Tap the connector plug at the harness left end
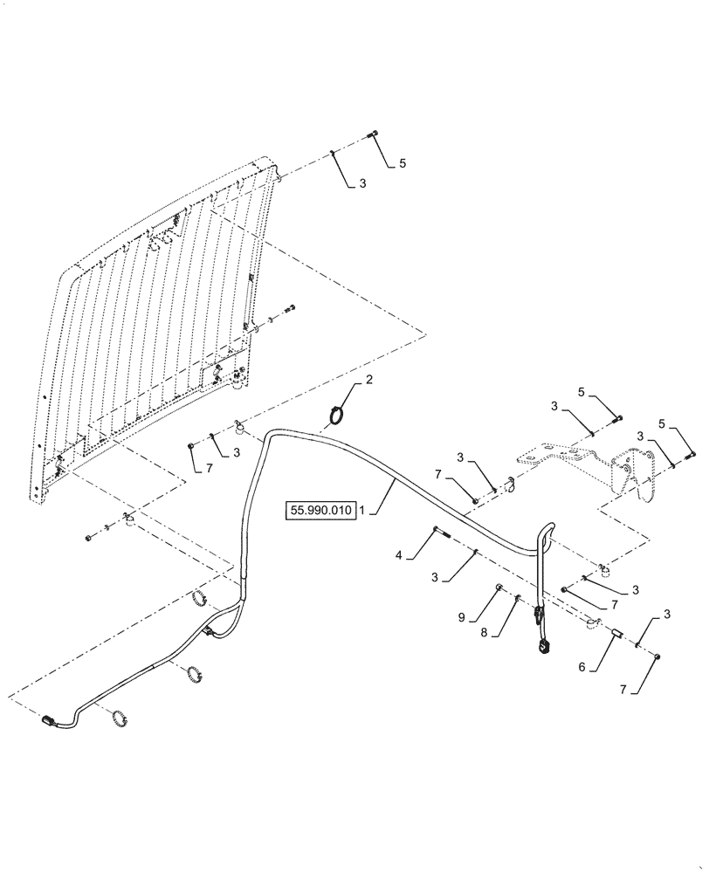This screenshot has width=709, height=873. [49, 721]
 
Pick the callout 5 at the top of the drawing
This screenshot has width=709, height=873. [403, 163]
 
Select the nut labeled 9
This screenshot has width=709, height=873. [499, 588]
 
